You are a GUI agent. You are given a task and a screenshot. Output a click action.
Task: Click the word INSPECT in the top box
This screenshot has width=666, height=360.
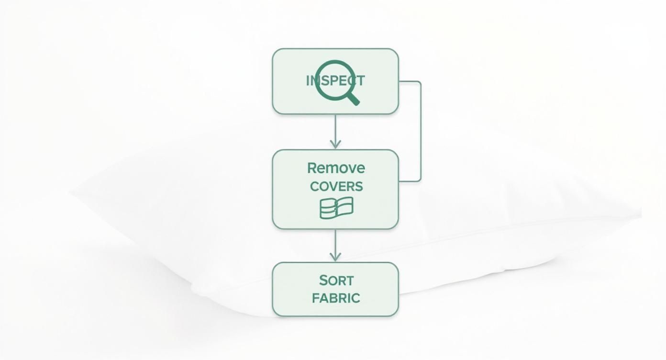point(335,80)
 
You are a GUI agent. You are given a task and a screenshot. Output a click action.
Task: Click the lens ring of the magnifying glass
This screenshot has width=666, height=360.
point(335,80)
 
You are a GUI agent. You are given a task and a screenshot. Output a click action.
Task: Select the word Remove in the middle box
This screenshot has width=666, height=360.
point(336,168)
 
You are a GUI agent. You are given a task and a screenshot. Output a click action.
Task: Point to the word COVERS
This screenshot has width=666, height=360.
point(336,187)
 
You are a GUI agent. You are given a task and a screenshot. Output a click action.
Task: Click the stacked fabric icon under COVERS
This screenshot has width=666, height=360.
point(336,208)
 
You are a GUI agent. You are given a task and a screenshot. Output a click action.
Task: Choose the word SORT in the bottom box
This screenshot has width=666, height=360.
point(336,280)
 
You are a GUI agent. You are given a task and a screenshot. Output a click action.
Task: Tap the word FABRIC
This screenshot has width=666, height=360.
point(336,298)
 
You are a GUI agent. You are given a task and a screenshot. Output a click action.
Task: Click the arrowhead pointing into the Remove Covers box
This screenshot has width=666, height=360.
point(335,144)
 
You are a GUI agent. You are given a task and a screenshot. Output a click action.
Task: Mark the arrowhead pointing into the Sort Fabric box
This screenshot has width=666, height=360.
point(335,257)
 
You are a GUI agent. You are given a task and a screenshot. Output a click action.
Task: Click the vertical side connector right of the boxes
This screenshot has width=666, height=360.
point(421,131)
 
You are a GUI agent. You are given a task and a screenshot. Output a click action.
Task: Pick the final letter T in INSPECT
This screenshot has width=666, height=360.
point(361,80)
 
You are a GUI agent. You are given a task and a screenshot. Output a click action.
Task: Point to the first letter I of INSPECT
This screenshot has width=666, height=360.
point(308,80)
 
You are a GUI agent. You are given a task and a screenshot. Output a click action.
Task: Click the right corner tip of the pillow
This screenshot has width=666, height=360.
point(641,213)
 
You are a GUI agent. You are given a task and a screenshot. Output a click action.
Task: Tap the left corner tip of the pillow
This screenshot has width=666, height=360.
point(71,192)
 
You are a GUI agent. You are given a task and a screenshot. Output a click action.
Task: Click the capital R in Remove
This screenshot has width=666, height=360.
point(312,168)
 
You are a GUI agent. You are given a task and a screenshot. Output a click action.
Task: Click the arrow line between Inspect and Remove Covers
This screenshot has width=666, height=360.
point(335,131)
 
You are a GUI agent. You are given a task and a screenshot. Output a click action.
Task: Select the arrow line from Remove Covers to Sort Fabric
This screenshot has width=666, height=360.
point(335,246)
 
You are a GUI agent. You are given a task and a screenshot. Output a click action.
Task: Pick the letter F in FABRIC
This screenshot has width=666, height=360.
point(315,298)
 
